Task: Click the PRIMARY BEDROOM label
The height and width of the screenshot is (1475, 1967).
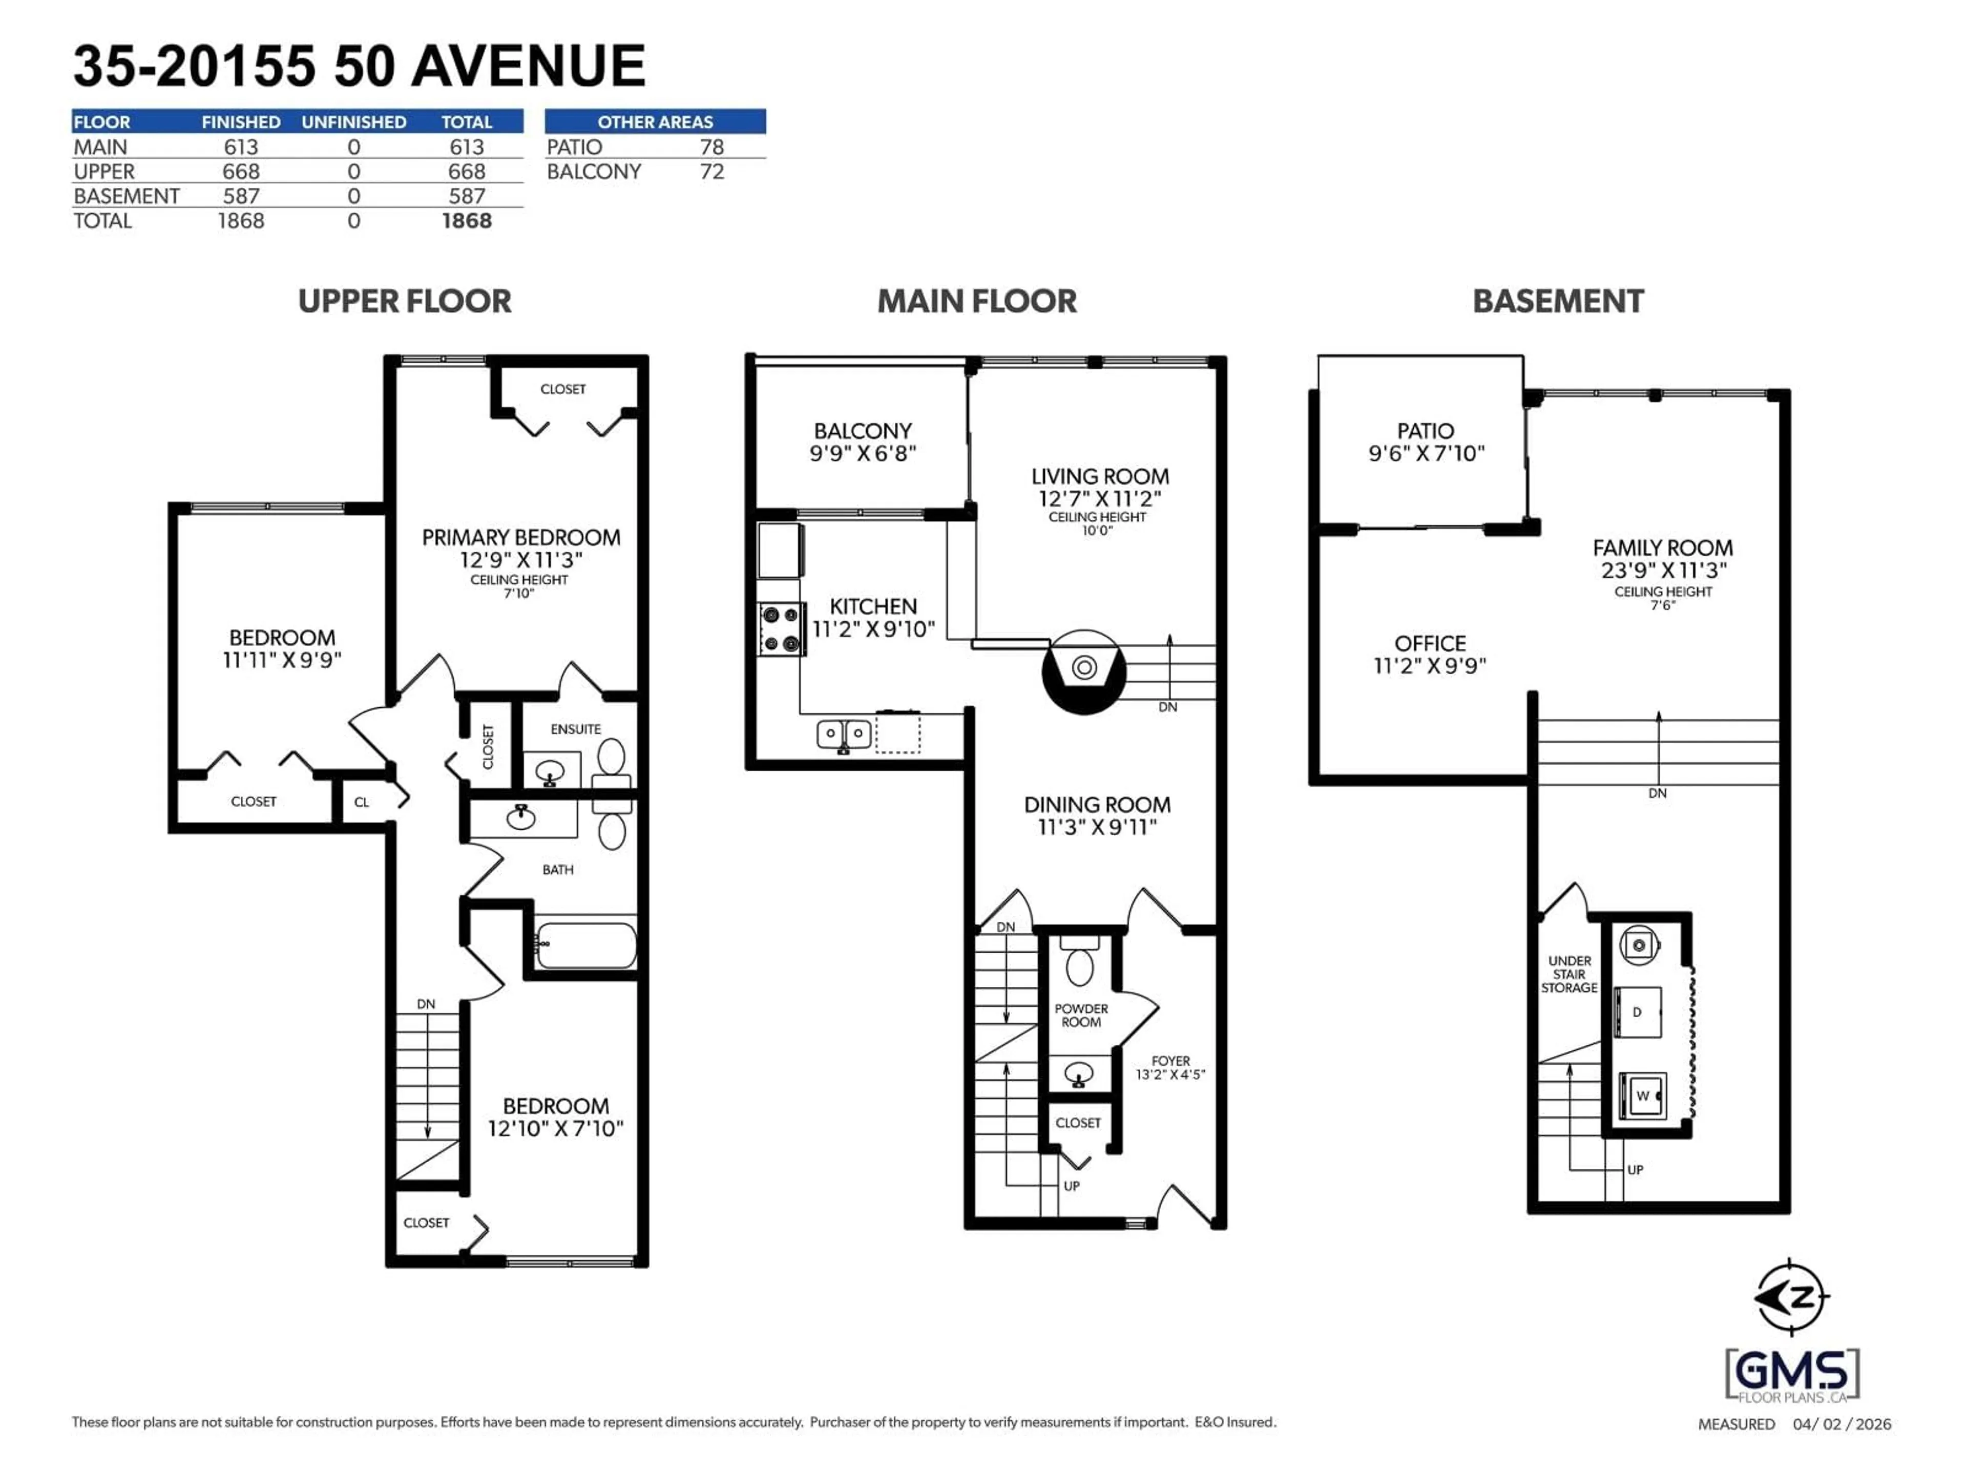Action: tap(520, 538)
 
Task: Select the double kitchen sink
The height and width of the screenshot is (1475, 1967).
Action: tap(843, 734)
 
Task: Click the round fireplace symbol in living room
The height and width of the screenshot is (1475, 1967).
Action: tap(1084, 667)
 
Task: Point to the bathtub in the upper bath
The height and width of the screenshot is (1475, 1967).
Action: tap(586, 945)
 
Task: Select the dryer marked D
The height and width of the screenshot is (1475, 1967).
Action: tap(1637, 1012)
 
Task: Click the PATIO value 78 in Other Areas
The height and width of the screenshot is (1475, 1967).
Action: tap(712, 146)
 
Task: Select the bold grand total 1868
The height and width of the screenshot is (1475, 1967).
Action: tap(467, 221)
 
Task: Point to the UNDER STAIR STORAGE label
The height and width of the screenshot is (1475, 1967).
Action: tap(1570, 975)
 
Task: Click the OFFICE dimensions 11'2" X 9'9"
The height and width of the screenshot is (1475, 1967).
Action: tap(1430, 666)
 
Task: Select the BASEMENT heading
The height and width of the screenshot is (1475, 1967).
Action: tap(1558, 301)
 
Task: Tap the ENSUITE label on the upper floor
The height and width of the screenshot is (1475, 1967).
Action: tap(575, 729)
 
